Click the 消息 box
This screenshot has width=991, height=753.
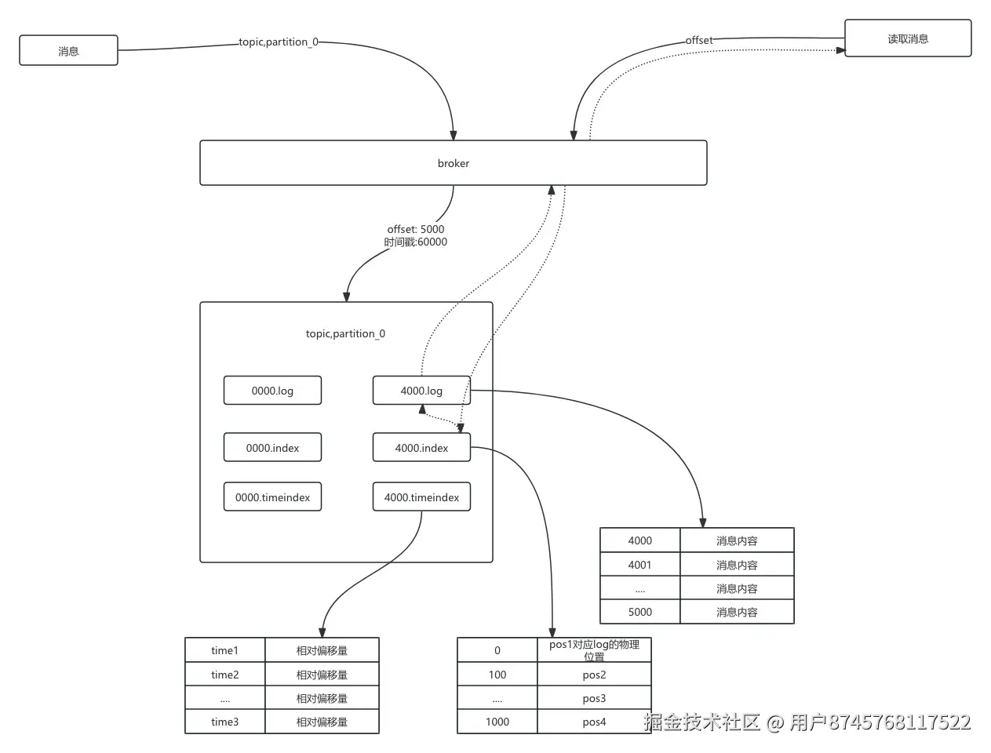click(x=68, y=50)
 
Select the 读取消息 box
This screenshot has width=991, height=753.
click(x=908, y=38)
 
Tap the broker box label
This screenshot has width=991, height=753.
click(x=454, y=163)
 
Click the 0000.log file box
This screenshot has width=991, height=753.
click(x=273, y=391)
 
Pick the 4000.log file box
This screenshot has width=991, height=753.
click(x=421, y=391)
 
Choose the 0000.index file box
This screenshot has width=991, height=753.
click(x=273, y=447)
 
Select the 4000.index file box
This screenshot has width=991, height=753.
click(x=421, y=447)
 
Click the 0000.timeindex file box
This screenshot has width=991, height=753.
click(x=273, y=497)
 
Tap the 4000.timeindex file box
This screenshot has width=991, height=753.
click(x=421, y=497)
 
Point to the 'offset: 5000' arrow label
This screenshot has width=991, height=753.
click(x=415, y=229)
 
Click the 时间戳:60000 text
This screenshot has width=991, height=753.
click(x=415, y=242)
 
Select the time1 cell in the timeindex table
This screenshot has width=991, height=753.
click(x=225, y=649)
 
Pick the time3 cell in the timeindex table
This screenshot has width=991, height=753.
click(x=225, y=722)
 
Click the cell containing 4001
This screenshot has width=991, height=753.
click(x=640, y=565)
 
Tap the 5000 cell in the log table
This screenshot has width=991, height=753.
click(x=640, y=612)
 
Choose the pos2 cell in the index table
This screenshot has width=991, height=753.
click(x=594, y=674)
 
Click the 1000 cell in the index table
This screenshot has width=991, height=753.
click(x=497, y=722)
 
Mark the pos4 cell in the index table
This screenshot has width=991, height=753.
click(x=594, y=722)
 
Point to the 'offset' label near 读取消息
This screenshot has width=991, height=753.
click(x=699, y=40)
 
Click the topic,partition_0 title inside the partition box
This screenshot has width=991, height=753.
click(x=345, y=333)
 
